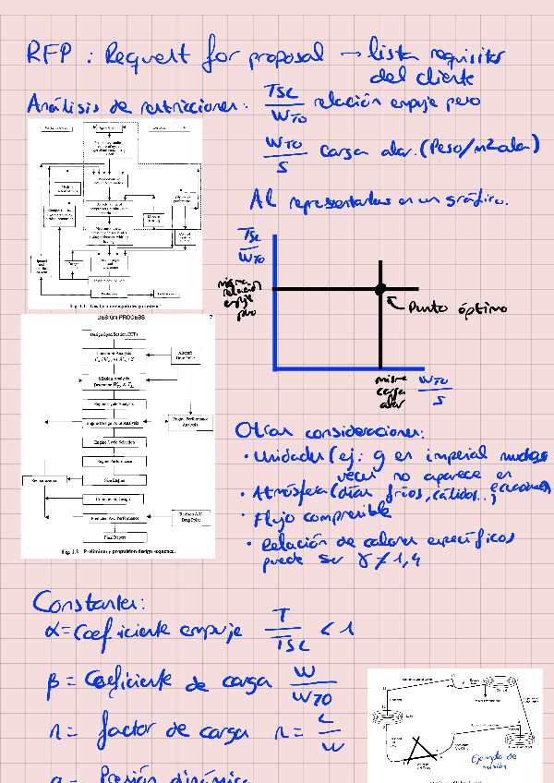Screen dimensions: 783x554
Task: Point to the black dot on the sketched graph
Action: pos(379,289)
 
